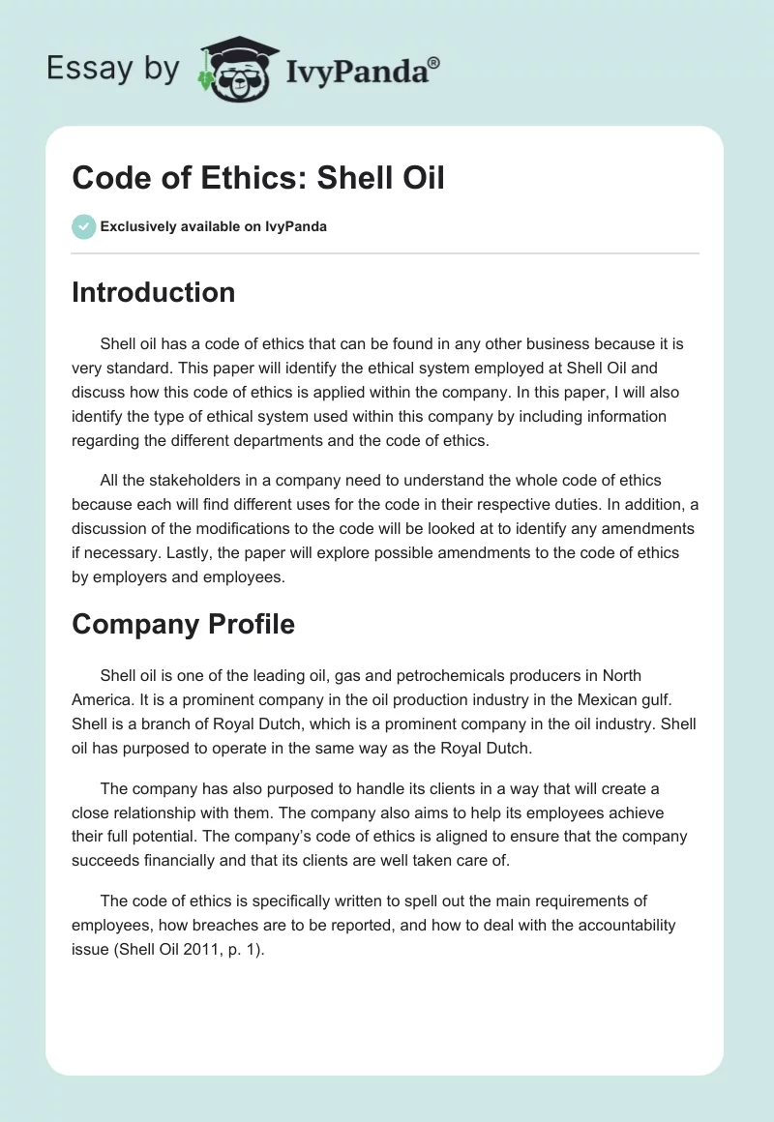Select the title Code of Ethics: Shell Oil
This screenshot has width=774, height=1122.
(x=258, y=179)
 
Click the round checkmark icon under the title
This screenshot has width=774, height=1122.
(x=83, y=226)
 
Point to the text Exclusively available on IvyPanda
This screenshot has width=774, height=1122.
(x=213, y=227)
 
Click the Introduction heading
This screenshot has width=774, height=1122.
(x=153, y=293)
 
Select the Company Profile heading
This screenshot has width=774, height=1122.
(x=183, y=625)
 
